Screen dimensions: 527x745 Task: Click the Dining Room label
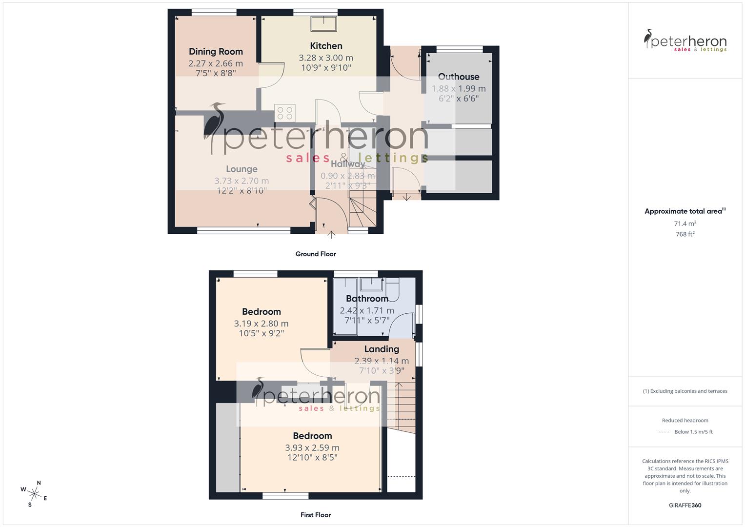[216, 52]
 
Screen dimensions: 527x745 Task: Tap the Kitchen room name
[326, 46]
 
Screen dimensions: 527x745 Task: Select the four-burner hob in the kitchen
[284, 113]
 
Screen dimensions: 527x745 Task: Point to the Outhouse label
[459, 77]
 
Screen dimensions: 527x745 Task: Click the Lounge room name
[242, 169]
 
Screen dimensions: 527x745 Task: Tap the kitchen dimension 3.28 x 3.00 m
[326, 58]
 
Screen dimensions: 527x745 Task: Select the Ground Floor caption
[316, 254]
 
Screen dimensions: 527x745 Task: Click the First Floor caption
[316, 515]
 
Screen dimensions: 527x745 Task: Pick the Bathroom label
[367, 299]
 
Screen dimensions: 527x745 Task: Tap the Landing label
[382, 349]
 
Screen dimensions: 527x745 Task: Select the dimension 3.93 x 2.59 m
[312, 447]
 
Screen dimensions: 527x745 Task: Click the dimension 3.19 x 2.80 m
[261, 324]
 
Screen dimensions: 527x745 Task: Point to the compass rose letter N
[39, 483]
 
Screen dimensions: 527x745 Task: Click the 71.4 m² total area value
[685, 223]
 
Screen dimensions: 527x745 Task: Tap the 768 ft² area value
[685, 234]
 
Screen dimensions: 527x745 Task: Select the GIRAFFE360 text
[685, 506]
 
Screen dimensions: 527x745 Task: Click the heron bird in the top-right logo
[648, 39]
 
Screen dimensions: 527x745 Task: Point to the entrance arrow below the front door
[331, 235]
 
